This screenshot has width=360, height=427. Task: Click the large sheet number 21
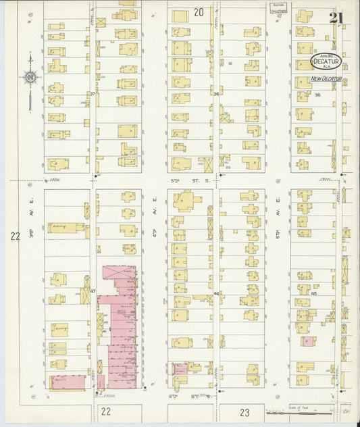(x=336, y=17)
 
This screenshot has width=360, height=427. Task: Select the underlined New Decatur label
(x=326, y=79)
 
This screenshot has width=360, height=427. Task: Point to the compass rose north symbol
(x=30, y=79)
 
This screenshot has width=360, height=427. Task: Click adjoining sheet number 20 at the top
(x=198, y=12)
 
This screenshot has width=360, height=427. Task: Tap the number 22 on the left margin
(x=15, y=236)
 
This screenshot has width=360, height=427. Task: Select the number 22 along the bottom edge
(x=105, y=411)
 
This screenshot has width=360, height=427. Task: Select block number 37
(x=92, y=93)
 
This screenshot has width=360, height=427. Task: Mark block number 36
(x=216, y=94)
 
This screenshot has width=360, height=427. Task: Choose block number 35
(x=317, y=95)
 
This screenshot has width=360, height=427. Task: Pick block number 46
(x=217, y=293)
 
